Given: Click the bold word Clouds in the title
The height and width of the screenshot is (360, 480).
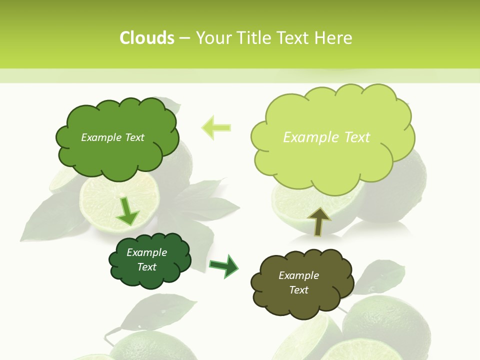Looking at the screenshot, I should click(x=147, y=38).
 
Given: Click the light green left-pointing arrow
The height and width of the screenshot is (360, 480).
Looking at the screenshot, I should click(x=216, y=127).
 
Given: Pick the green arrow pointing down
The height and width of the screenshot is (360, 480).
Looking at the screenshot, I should click(x=127, y=211).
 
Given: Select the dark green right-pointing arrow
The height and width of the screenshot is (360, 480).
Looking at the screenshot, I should click(x=224, y=266).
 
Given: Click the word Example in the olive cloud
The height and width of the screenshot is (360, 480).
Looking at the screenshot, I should click(x=298, y=275).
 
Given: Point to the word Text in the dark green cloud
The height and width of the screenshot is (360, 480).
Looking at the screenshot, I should click(x=147, y=267).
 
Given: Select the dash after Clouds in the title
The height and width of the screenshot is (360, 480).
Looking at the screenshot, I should click(x=184, y=38).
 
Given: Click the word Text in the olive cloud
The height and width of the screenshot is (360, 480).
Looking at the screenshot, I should click(x=298, y=290).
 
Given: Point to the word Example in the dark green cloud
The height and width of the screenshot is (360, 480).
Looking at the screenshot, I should click(x=146, y=252).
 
